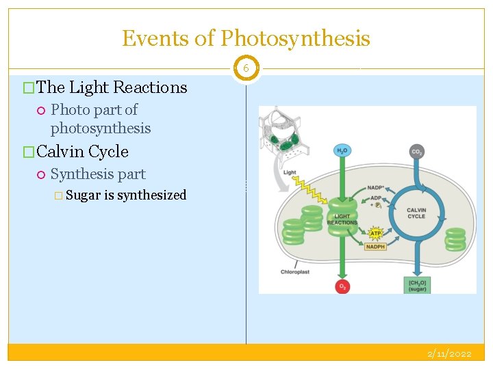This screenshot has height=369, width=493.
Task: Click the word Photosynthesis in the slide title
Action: (x=295, y=38)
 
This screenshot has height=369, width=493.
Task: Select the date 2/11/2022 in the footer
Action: (x=449, y=354)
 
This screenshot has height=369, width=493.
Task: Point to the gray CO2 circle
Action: (x=416, y=152)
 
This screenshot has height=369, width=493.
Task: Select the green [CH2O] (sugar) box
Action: (x=417, y=285)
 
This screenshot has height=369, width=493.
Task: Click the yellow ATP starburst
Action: (x=375, y=233)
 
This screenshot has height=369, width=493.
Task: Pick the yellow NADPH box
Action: (x=375, y=247)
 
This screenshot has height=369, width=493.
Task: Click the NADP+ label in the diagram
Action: (x=375, y=187)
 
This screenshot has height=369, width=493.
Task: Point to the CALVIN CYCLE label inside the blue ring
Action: (x=416, y=213)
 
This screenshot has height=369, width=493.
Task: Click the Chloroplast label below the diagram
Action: (x=295, y=272)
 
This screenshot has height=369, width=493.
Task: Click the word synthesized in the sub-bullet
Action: (x=152, y=195)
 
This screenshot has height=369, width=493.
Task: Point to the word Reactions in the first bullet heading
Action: (x=149, y=87)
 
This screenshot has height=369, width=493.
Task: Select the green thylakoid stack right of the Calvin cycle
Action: (x=455, y=239)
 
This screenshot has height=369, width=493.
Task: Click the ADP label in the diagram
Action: (x=375, y=196)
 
